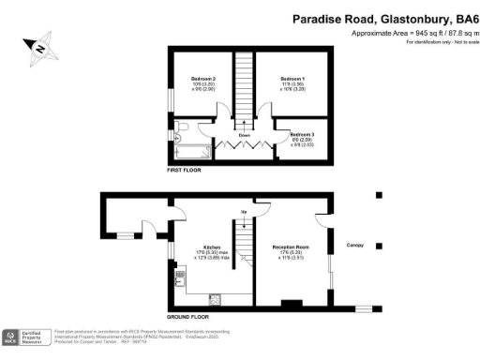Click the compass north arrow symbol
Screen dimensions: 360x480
(x=40, y=44)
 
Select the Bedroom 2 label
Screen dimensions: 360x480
(x=203, y=78)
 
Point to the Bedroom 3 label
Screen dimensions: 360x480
(x=302, y=136)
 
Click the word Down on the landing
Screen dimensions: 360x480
(x=245, y=134)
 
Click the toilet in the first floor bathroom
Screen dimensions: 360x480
(x=180, y=127)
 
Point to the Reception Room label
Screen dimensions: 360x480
(x=294, y=247)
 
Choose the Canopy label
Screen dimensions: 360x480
(x=355, y=246)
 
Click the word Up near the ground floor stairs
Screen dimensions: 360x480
(x=245, y=212)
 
